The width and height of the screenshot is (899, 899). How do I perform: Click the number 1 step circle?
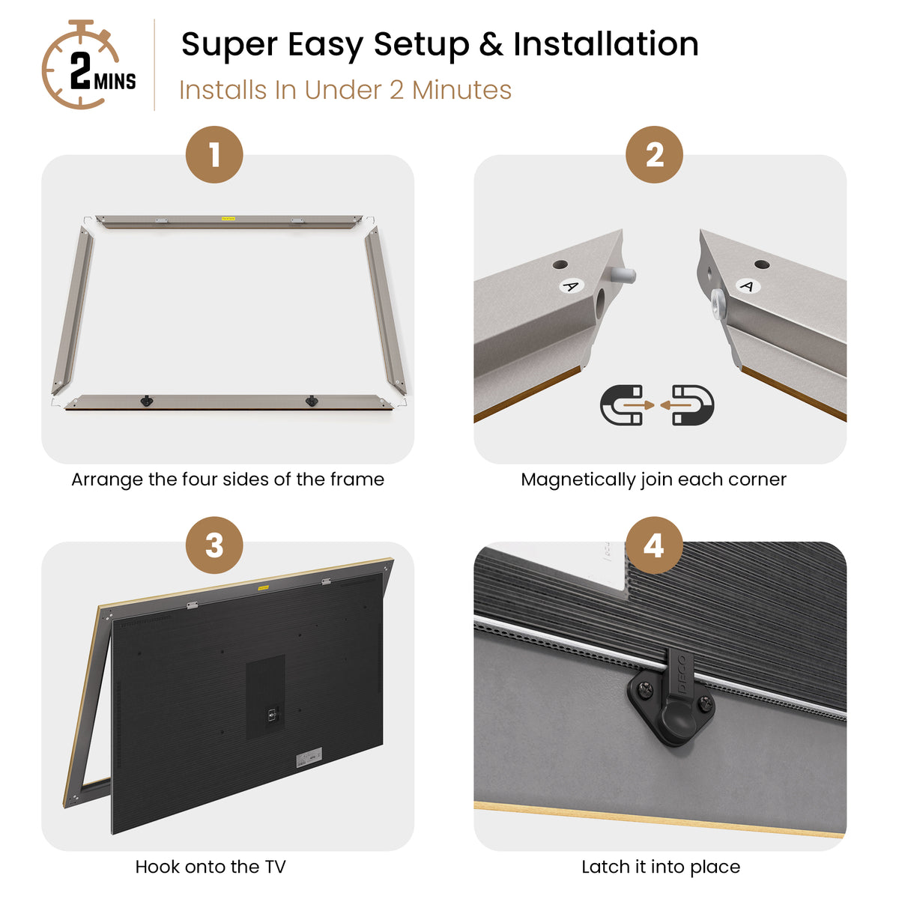[214, 154]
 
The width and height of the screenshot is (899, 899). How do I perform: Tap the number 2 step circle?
[654, 154]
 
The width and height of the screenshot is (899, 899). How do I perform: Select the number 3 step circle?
[214, 545]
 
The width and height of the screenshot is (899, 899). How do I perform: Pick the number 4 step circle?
[654, 545]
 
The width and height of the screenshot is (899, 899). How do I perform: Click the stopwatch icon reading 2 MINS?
[86, 65]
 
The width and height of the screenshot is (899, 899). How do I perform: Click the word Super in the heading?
[228, 45]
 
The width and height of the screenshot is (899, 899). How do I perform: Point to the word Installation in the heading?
[605, 44]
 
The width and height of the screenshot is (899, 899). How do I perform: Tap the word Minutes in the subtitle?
[461, 90]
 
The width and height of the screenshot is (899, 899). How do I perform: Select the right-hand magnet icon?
[688, 405]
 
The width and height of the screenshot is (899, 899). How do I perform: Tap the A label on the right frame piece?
[748, 286]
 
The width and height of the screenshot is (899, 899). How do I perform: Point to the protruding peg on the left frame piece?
[623, 276]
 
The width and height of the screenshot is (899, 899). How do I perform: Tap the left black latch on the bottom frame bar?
[147, 400]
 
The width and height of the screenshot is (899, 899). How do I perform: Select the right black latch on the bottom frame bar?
[311, 400]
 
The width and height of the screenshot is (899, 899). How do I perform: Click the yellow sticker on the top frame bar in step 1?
[228, 218]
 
